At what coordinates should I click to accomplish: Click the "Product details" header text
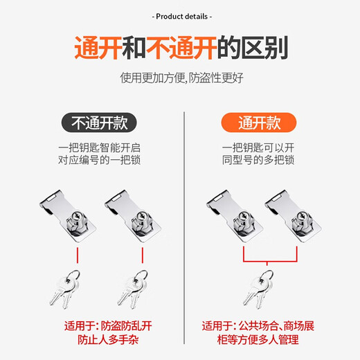pyautogui.click(x=180, y=16)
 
